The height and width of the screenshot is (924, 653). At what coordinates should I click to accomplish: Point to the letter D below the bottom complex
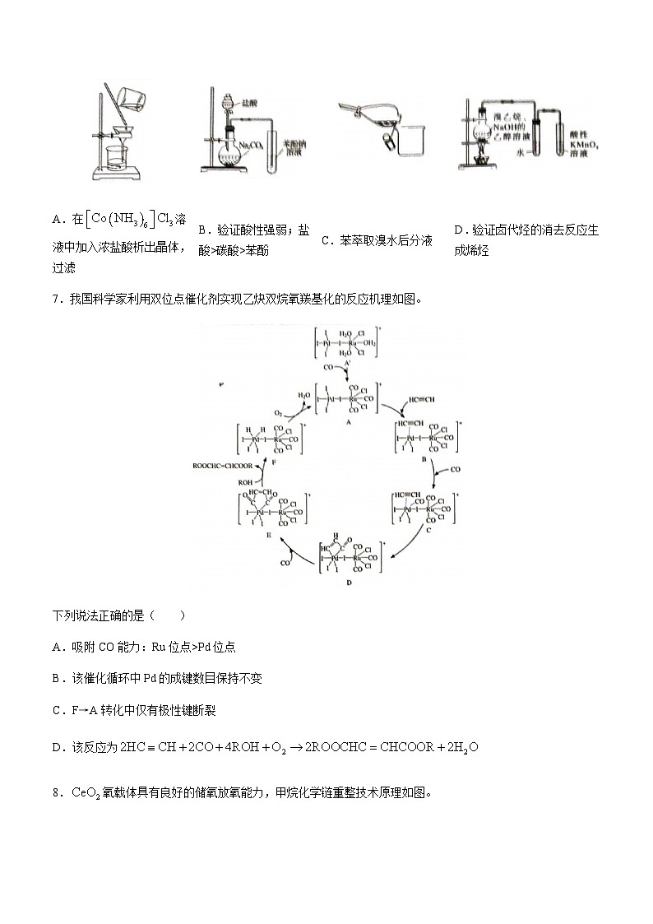(349, 582)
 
